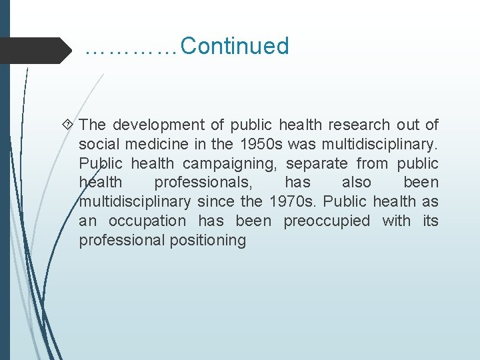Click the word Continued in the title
pyautogui.click(x=234, y=47)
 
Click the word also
pyautogui.click(x=357, y=183)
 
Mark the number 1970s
pyautogui.click(x=293, y=201)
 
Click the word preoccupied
pyautogui.click(x=327, y=221)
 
